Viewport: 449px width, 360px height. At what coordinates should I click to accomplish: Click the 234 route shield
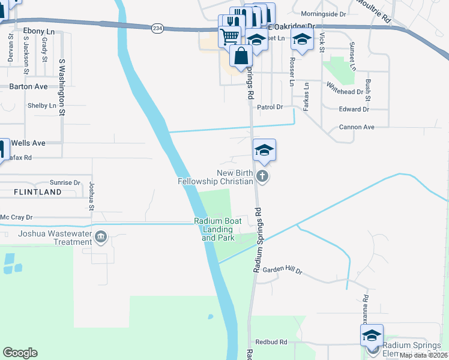click(x=157, y=29)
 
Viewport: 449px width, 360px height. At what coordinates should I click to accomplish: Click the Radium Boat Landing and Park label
click(x=217, y=229)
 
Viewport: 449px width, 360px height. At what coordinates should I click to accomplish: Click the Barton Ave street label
click(x=28, y=86)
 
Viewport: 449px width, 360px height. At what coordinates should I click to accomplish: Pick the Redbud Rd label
click(x=271, y=341)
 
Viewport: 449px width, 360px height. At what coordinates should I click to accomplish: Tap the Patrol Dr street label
click(x=270, y=107)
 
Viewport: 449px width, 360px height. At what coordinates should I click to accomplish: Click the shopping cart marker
click(x=229, y=37)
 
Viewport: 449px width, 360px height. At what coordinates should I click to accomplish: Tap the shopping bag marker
click(x=241, y=56)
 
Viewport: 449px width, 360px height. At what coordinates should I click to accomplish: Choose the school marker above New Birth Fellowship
click(x=264, y=150)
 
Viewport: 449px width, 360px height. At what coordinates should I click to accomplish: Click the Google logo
click(x=20, y=353)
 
